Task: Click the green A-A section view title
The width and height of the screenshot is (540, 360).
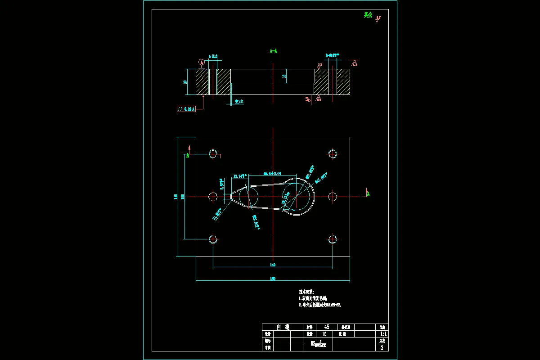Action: click(273, 51)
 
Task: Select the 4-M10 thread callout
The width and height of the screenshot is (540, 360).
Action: click(213, 57)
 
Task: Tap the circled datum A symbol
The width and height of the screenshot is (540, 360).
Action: click(201, 61)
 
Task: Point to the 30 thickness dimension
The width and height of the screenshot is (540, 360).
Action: click(185, 82)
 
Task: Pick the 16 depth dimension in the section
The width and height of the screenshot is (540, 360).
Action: click(284, 76)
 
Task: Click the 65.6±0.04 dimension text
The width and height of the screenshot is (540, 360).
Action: click(272, 173)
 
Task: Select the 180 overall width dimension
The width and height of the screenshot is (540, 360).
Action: click(272, 279)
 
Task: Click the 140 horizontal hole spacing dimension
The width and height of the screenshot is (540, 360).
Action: click(272, 265)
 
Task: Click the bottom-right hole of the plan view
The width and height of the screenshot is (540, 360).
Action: click(333, 239)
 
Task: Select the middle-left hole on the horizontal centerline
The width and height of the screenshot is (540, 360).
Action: click(213, 196)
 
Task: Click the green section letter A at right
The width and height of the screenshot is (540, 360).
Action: click(368, 194)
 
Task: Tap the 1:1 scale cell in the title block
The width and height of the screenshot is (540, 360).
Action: click(383, 334)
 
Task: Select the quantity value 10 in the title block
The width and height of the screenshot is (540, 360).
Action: click(324, 334)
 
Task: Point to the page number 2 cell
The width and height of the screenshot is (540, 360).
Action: click(382, 347)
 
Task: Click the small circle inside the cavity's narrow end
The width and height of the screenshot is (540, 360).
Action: click(249, 196)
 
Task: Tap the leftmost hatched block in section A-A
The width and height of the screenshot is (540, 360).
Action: click(202, 82)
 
